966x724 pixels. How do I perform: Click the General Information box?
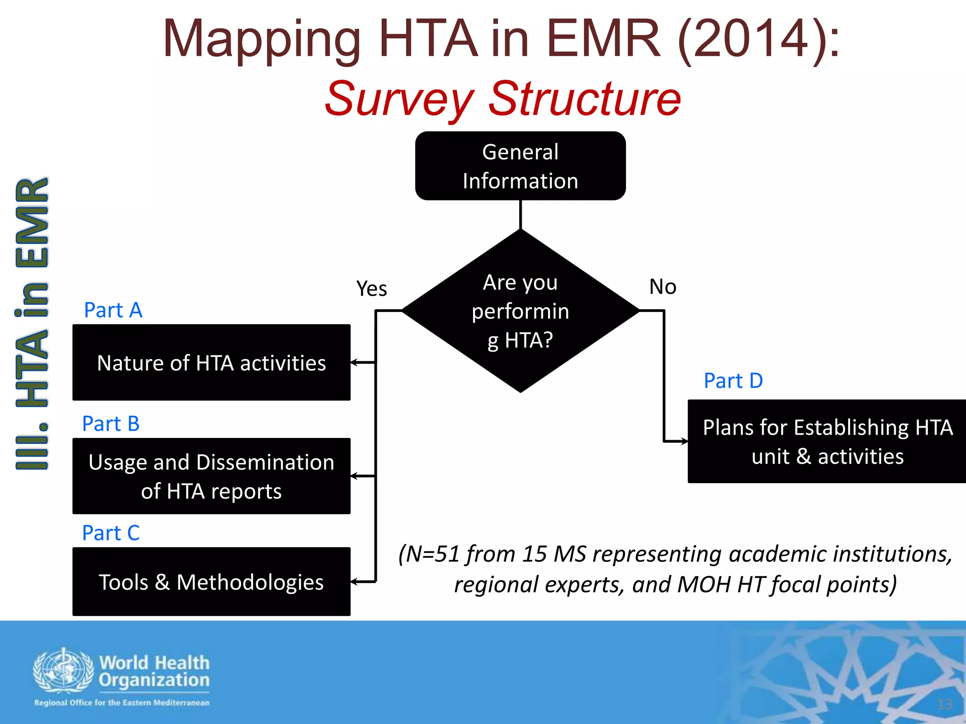pos(520,166)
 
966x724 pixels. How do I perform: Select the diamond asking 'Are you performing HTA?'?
pos(520,311)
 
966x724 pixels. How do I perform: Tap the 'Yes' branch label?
pos(371,288)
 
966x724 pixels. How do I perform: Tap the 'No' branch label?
pos(663,287)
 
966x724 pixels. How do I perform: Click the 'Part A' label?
pos(113,310)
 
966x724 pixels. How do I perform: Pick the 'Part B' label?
pos(111,424)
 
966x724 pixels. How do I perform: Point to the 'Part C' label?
pos(111,533)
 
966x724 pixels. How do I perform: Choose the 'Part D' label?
pos(733,381)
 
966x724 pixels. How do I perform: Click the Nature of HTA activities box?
pos(211,362)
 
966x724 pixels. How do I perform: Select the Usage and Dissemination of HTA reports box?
pos(211,476)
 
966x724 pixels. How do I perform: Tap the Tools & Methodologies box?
pos(211,582)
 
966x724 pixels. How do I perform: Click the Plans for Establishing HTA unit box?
pos(827,442)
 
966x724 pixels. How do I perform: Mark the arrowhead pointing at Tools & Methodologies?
pos(355,582)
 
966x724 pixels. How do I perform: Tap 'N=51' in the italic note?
pos(433,554)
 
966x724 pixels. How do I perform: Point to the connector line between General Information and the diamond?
pos(520,215)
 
